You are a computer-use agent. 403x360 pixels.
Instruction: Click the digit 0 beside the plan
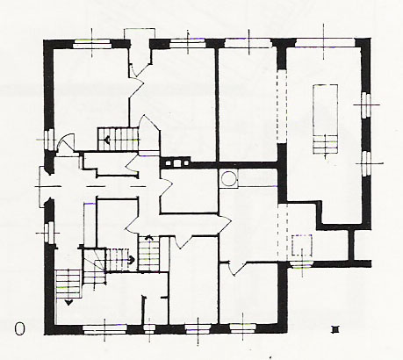pyautogui.click(x=19, y=329)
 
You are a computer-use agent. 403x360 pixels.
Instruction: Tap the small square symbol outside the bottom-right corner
pyautogui.click(x=335, y=330)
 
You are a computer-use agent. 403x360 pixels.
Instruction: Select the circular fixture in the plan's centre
pyautogui.click(x=228, y=178)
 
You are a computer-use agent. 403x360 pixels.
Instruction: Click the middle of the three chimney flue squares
pyautogui.click(x=176, y=162)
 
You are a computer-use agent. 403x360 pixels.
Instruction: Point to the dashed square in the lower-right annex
pyautogui.click(x=302, y=245)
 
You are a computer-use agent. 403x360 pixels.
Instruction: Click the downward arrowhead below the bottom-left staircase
pyautogui.click(x=68, y=303)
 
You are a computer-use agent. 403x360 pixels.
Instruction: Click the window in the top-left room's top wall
pyautogui.click(x=92, y=44)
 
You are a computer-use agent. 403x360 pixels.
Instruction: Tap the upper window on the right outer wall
pyautogui.click(x=365, y=104)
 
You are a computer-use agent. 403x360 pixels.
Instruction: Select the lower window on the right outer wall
pyautogui.click(x=366, y=163)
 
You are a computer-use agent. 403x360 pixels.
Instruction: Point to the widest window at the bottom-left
pyautogui.click(x=104, y=329)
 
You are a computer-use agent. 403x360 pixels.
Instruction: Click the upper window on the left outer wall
pyautogui.click(x=49, y=140)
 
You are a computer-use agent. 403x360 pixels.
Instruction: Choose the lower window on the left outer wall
pyautogui.click(x=49, y=233)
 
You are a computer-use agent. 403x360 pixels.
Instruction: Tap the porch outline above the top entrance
pyautogui.click(x=140, y=33)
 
